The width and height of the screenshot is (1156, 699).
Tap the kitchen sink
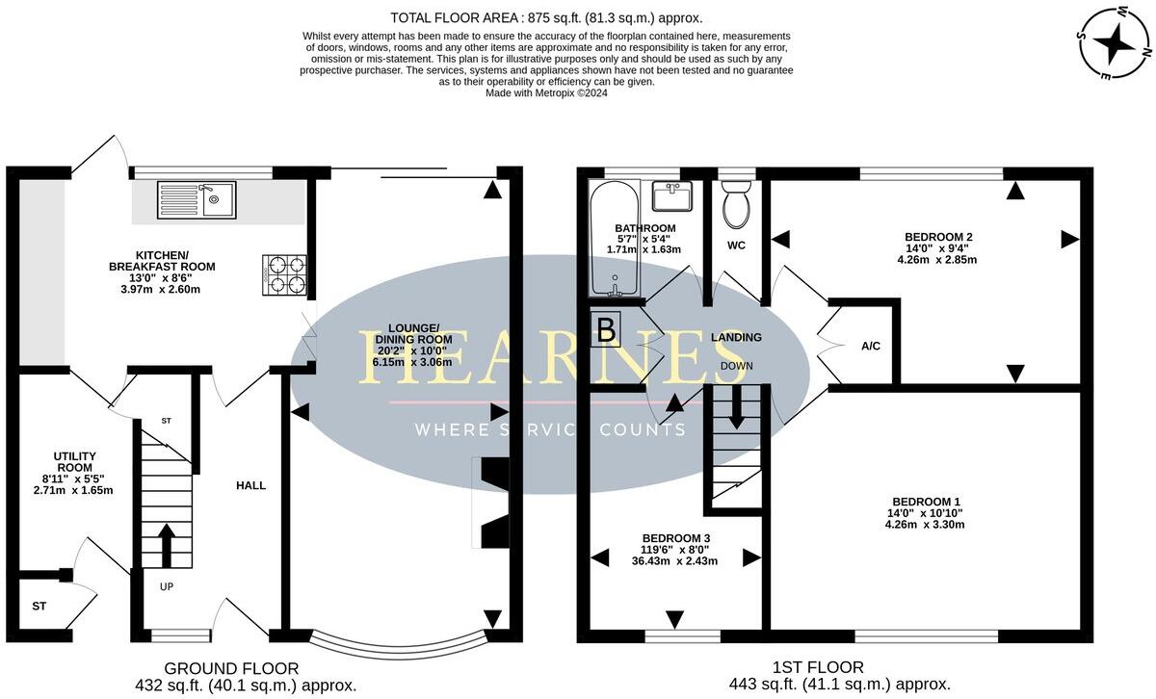(197, 199)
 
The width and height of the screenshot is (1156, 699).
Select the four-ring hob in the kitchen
(284, 273)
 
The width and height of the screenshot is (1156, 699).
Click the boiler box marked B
(606, 330)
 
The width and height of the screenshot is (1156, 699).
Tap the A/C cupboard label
(871, 346)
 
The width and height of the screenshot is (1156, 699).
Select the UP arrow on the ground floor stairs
(166, 546)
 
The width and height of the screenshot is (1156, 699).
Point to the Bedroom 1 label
(926, 501)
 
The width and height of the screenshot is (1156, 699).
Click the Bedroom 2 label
(938, 237)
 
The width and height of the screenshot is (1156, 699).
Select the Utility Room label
(73, 461)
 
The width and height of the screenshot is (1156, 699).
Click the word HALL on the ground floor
(251, 485)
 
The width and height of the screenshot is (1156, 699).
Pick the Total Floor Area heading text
(546, 17)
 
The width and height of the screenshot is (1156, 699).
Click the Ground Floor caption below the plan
(231, 668)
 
